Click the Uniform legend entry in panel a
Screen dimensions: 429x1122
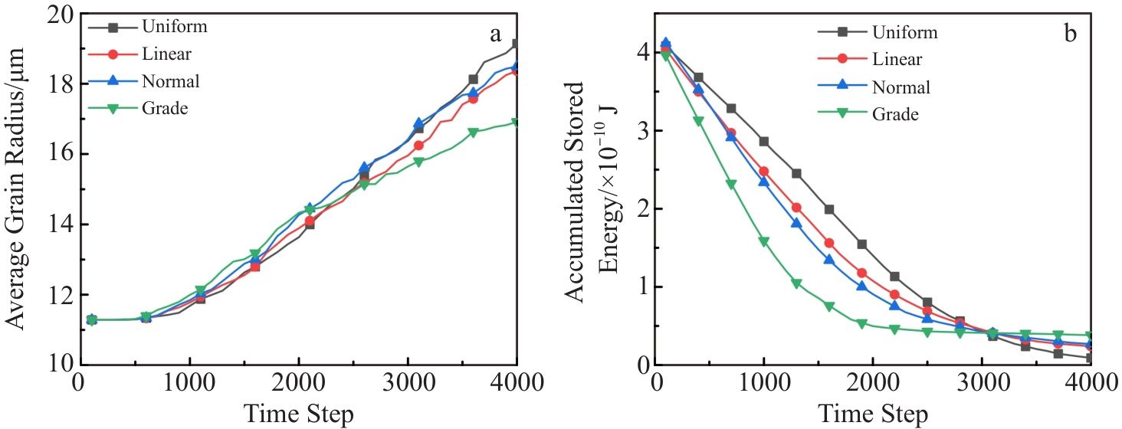pos(174,28)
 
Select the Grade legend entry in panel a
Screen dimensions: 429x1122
pos(165,108)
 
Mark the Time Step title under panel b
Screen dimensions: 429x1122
pos(874,414)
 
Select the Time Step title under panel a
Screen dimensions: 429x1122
pos(298,414)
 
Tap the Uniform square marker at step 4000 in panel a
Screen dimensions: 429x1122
pos(517,44)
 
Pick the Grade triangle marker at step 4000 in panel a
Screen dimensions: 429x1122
pos(517,122)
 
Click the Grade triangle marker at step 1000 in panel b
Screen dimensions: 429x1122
pos(764,241)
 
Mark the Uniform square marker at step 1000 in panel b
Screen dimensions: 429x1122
pos(764,141)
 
